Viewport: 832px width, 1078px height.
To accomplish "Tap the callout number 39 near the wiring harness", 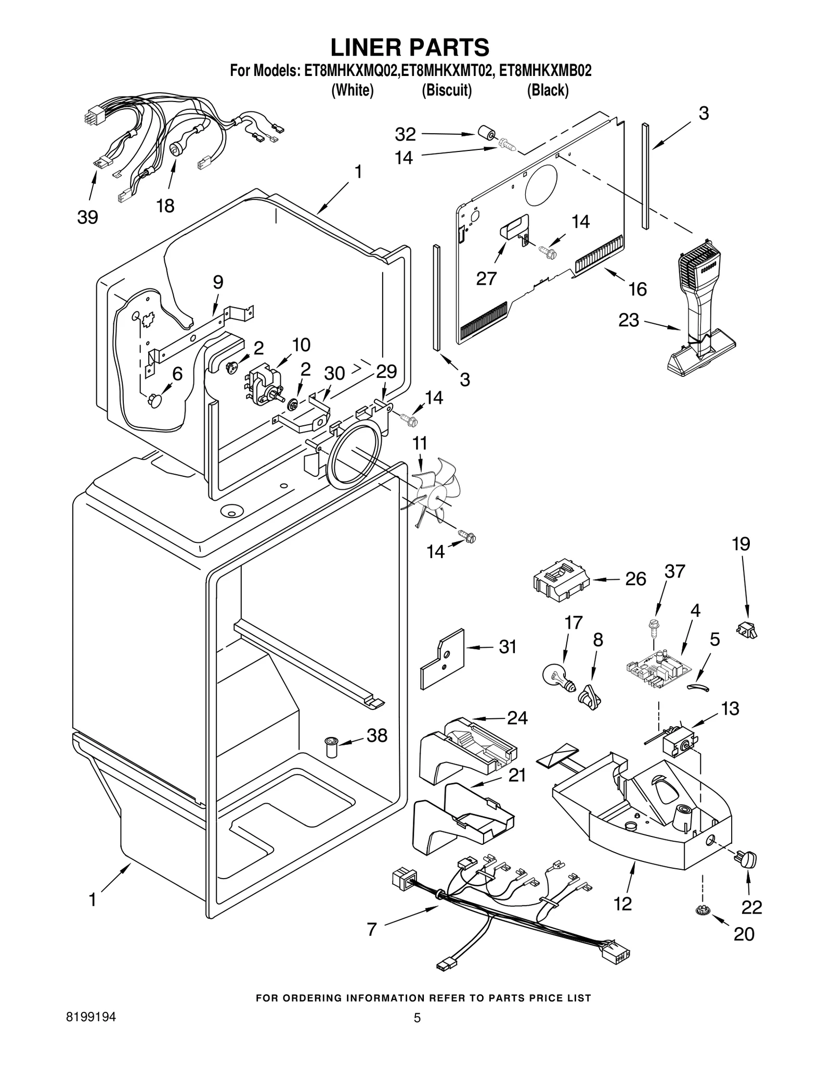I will [x=87, y=217].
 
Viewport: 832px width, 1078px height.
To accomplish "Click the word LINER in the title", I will [x=367, y=47].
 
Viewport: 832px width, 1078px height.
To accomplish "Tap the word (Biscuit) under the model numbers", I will [x=447, y=90].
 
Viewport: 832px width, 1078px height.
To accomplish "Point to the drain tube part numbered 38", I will [x=330, y=749].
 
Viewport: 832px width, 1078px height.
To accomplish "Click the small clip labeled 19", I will [x=747, y=629].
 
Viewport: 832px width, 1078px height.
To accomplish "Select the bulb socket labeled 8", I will [x=589, y=696].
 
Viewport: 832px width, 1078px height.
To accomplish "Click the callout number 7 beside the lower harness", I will [x=371, y=929].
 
